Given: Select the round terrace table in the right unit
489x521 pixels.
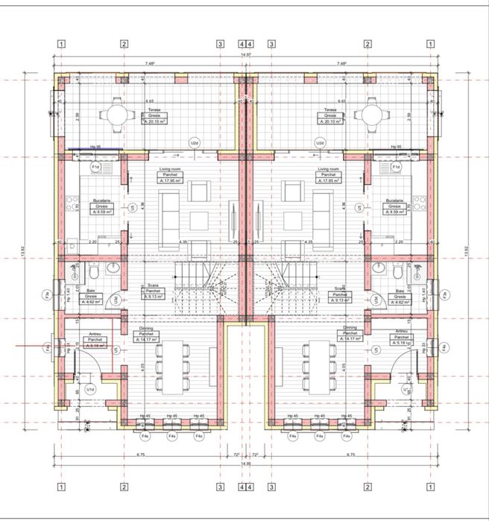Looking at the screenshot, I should (x=370, y=115).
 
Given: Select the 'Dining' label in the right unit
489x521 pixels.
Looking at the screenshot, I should (x=350, y=327).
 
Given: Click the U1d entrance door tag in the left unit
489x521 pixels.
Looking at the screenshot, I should (x=90, y=389).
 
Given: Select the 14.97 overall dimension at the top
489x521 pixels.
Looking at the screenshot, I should (x=245, y=56).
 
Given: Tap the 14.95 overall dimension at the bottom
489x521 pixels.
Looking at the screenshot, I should (x=245, y=463).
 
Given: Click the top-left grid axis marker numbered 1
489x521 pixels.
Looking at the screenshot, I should (x=60, y=44).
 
